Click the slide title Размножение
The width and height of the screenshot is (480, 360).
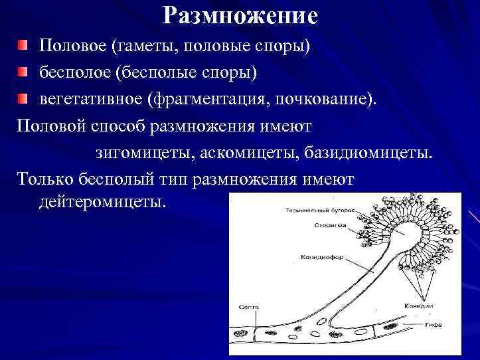point(240,16)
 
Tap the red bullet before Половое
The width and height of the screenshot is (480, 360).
point(23,46)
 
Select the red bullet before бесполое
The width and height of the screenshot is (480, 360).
point(23,71)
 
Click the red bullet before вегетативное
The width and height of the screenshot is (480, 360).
point(23,99)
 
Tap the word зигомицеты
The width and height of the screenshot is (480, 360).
point(141,153)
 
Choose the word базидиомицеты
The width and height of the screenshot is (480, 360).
point(368,153)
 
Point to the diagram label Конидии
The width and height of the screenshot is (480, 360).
point(418,306)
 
